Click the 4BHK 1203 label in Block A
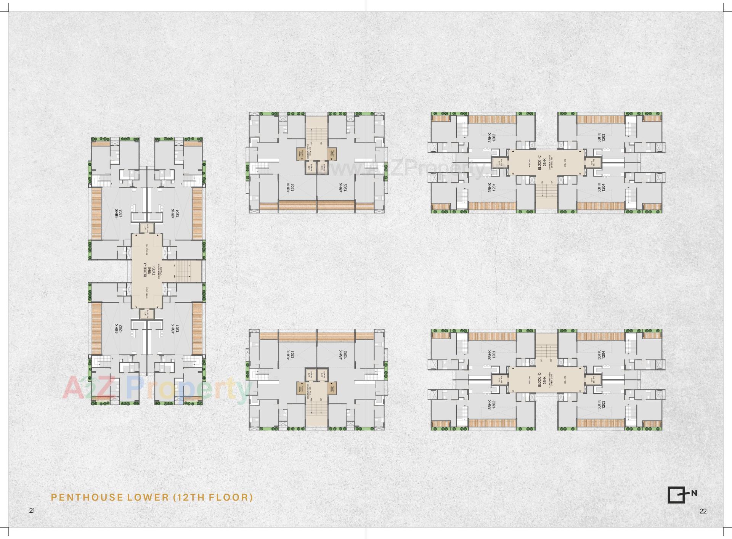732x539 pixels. tap(119, 213)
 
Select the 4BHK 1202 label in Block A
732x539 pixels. tap(119, 329)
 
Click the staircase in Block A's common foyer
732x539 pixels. tap(187, 270)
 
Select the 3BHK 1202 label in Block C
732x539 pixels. tap(491, 138)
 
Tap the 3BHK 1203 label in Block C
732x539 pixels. tap(601, 138)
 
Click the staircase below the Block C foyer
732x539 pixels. tap(547, 190)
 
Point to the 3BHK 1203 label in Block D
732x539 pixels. tap(601, 405)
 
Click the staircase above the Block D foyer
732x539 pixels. tap(547, 351)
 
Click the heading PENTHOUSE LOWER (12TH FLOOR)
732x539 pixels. tap(152, 497)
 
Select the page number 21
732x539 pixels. tap(32, 510)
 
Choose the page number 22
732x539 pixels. tap(703, 511)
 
